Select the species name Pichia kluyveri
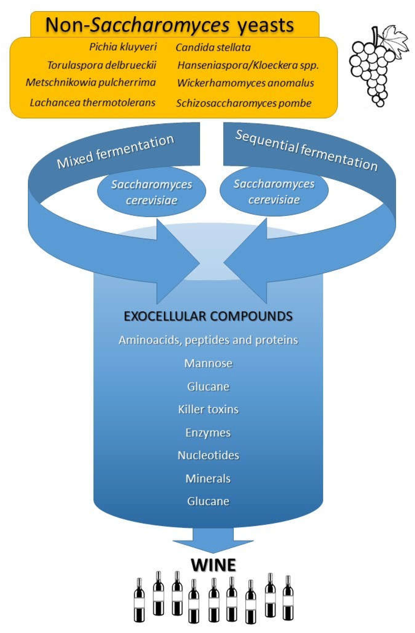pos(123,47)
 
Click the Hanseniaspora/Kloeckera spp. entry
pos(248,65)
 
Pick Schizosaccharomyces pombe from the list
pos(243,103)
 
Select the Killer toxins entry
pos(208,409)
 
